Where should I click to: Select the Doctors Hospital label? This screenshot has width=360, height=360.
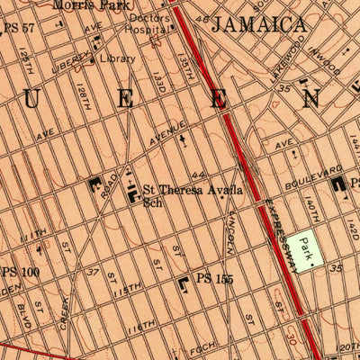pos(148,23)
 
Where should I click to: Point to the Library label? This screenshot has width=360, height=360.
pos(118,58)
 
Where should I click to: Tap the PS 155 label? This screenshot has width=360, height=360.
pos(218,280)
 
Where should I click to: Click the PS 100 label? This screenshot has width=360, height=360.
pos(20,271)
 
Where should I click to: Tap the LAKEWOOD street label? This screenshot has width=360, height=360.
pos(290,63)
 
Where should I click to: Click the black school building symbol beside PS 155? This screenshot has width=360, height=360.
pos(184,283)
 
